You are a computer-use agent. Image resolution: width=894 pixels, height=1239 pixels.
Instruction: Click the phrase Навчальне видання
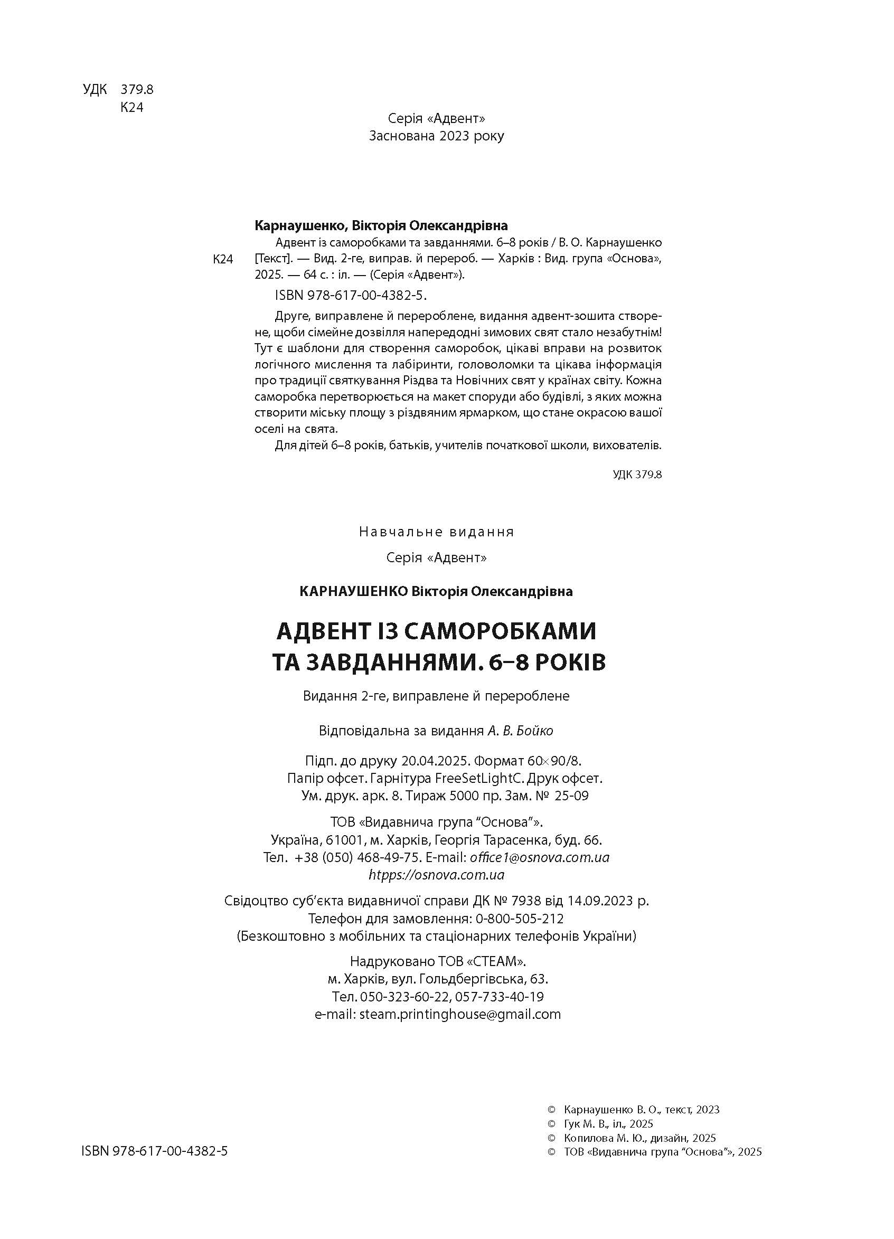click(437, 532)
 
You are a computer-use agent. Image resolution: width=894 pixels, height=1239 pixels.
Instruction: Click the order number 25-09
click(571, 796)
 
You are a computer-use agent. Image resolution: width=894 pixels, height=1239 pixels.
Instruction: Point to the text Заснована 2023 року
click(437, 136)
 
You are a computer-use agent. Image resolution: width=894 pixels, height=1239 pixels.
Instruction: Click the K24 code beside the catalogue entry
click(223, 259)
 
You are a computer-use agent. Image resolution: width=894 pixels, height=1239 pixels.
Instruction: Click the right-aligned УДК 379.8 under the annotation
click(637, 474)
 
